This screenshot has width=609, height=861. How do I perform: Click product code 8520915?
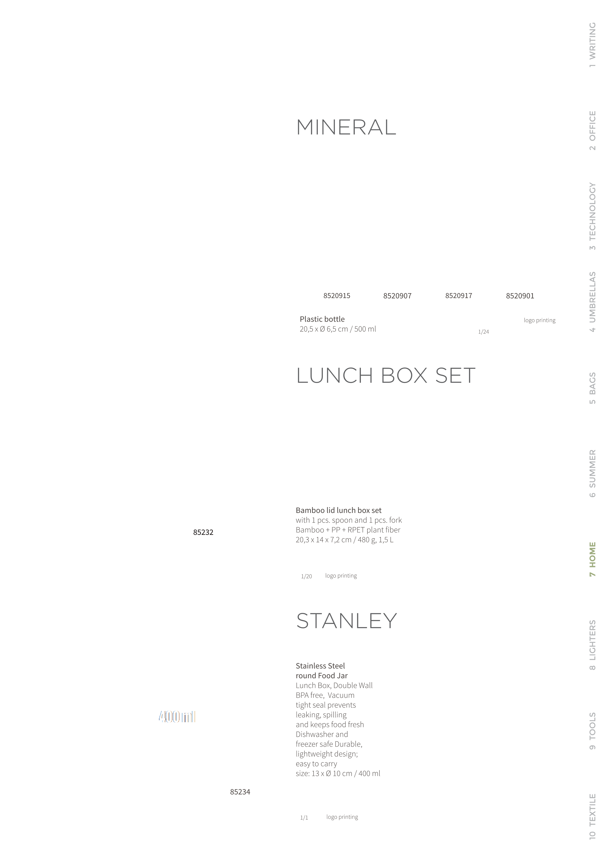coord(336,296)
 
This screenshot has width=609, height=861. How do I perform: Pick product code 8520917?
coord(458,296)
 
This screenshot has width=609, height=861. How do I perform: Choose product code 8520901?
coord(520,296)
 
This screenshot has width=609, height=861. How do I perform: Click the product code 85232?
coord(203,532)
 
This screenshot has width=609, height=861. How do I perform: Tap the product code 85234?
coord(240,792)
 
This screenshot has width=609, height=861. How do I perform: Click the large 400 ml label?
coord(177,717)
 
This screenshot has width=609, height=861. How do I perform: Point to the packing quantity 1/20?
coord(306,576)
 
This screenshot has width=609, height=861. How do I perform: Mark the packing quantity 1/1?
coord(304,818)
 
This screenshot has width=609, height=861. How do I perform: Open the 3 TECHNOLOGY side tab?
coord(592,216)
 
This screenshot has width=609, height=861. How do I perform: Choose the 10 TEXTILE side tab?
coord(592,816)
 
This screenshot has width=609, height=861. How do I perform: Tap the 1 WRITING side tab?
coord(592,45)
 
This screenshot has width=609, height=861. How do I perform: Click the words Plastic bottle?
coord(322,319)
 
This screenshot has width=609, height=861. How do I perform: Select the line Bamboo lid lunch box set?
coord(338,510)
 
